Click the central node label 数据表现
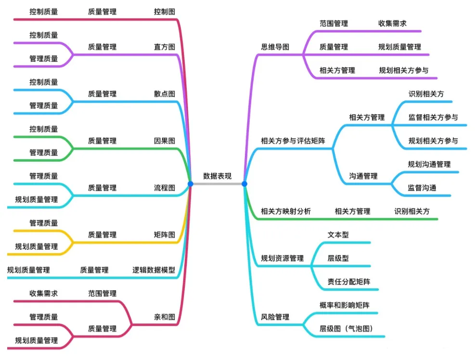point(217,176)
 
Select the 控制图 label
point(165,11)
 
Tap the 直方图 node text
point(165,47)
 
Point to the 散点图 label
point(165,94)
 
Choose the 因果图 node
point(165,141)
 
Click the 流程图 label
point(165,188)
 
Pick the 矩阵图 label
point(165,235)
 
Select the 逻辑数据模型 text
point(154,270)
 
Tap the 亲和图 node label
point(165,317)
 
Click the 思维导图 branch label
point(275,47)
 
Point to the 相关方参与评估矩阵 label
point(293,141)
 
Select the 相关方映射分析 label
point(286,211)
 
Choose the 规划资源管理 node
point(282,258)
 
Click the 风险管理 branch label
point(275,317)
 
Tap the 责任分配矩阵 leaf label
point(345,282)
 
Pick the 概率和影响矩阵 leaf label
point(345,305)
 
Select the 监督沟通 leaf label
point(422,188)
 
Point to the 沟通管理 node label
point(363,176)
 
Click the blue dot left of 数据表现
point(191,184)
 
